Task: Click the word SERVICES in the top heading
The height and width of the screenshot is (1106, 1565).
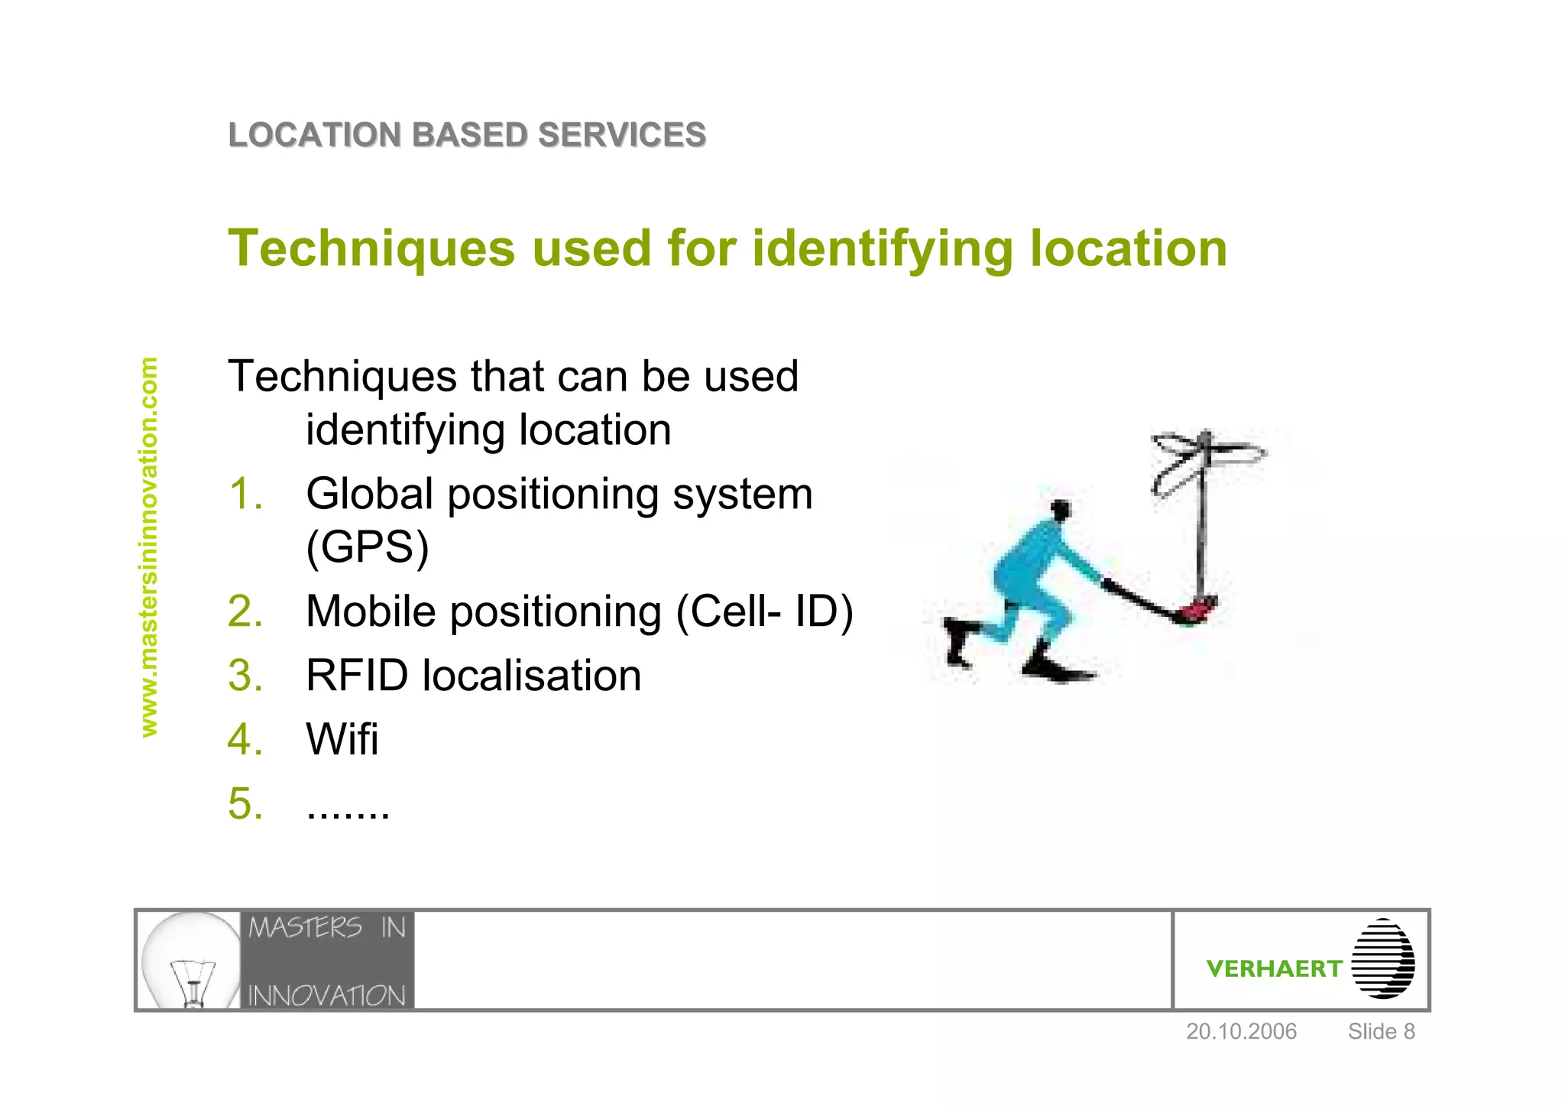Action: click(x=621, y=135)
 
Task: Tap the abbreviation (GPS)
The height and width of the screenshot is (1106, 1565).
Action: click(x=368, y=547)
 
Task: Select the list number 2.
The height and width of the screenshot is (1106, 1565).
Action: click(x=245, y=611)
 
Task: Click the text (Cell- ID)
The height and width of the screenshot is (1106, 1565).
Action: click(x=765, y=611)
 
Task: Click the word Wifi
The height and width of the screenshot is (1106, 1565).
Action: click(x=342, y=739)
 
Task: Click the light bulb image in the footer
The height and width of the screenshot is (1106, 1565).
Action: click(x=191, y=961)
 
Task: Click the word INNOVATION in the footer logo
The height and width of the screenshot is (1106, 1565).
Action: click(x=327, y=996)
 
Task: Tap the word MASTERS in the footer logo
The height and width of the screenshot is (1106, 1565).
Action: click(x=305, y=928)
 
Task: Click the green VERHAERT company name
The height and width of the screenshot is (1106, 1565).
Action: click(x=1274, y=969)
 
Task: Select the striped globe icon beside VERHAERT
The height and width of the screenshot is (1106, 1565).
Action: click(x=1382, y=959)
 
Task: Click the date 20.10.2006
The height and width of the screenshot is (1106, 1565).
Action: click(x=1241, y=1032)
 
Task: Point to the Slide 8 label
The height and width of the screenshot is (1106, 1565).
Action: click(x=1381, y=1032)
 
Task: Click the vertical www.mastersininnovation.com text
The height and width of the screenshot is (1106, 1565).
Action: click(x=149, y=547)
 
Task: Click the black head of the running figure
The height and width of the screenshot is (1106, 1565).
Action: click(x=1061, y=509)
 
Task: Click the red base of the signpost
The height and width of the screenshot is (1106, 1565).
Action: click(x=1197, y=609)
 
